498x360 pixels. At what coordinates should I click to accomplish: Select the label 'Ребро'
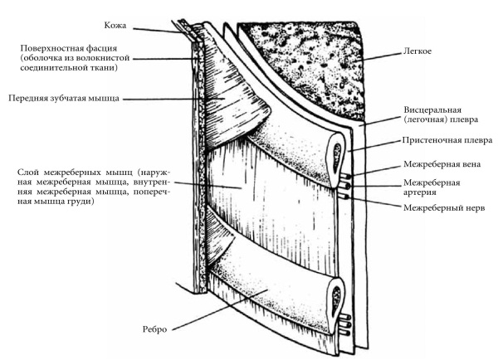[155, 329]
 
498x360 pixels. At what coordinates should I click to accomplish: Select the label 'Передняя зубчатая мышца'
[63, 98]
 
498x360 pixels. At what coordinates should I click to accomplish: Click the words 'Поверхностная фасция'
[73, 48]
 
